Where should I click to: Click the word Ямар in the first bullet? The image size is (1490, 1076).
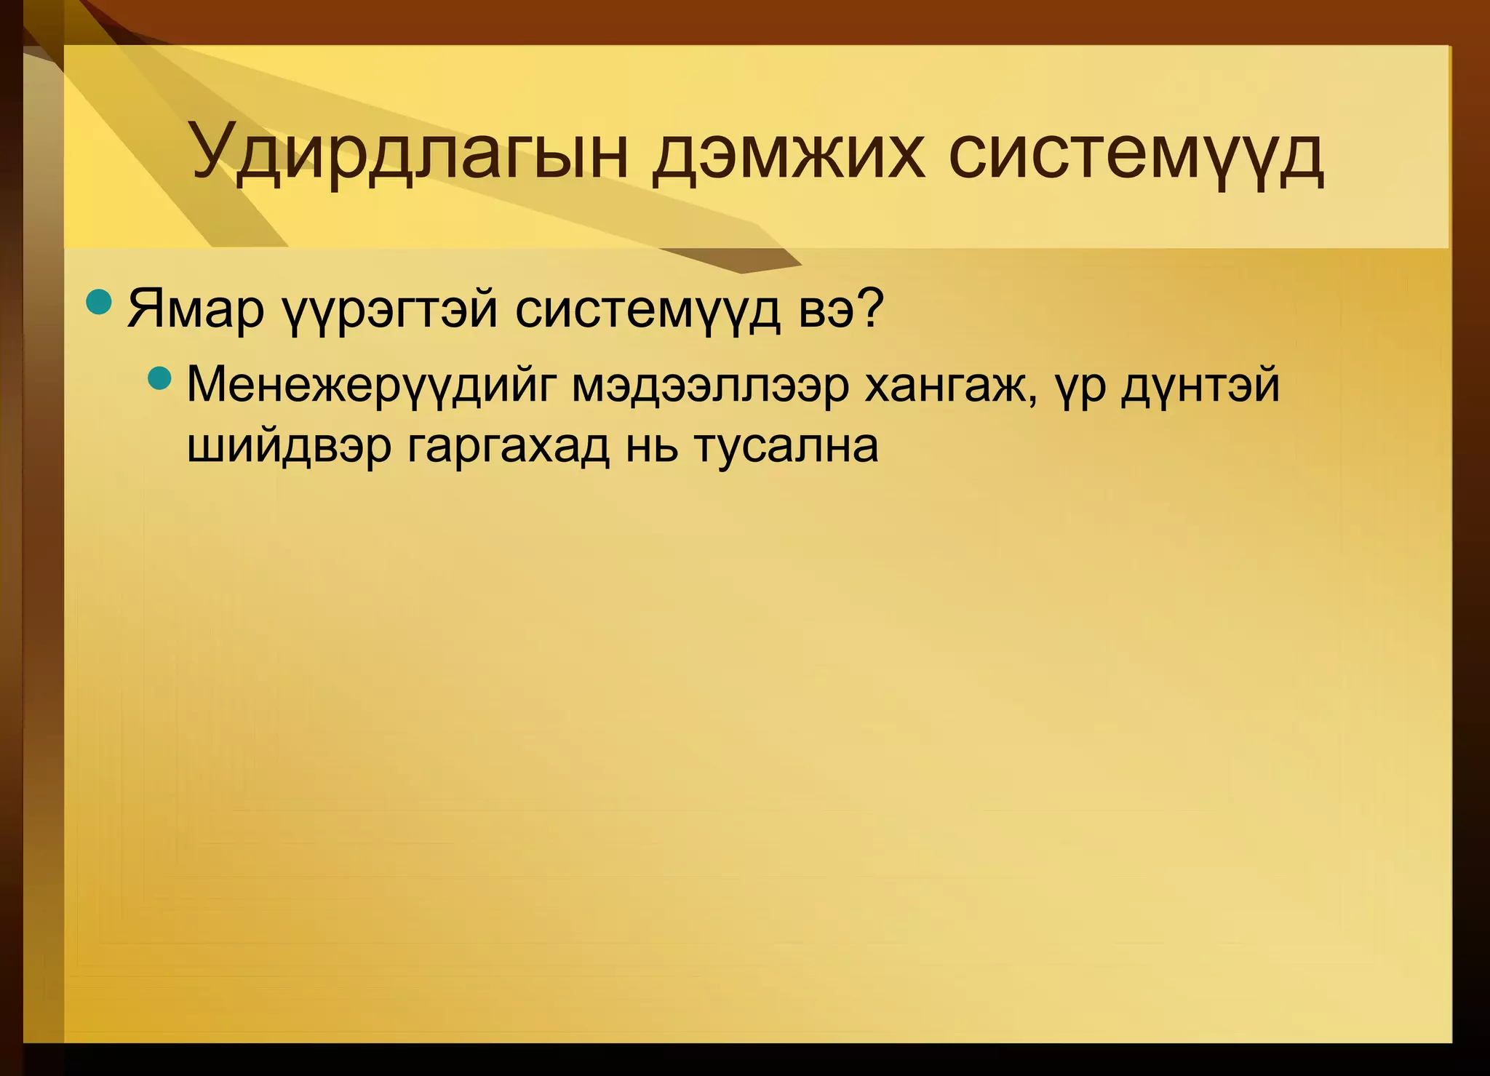coord(195,309)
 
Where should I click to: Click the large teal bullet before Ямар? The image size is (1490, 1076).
coord(97,301)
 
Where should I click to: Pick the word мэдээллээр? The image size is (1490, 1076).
coord(709,386)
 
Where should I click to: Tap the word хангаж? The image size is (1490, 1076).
coord(945,386)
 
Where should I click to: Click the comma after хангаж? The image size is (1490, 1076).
coord(1032,400)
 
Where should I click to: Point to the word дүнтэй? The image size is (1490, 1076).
coord(1200,386)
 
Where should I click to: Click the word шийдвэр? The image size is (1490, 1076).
coord(289,447)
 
